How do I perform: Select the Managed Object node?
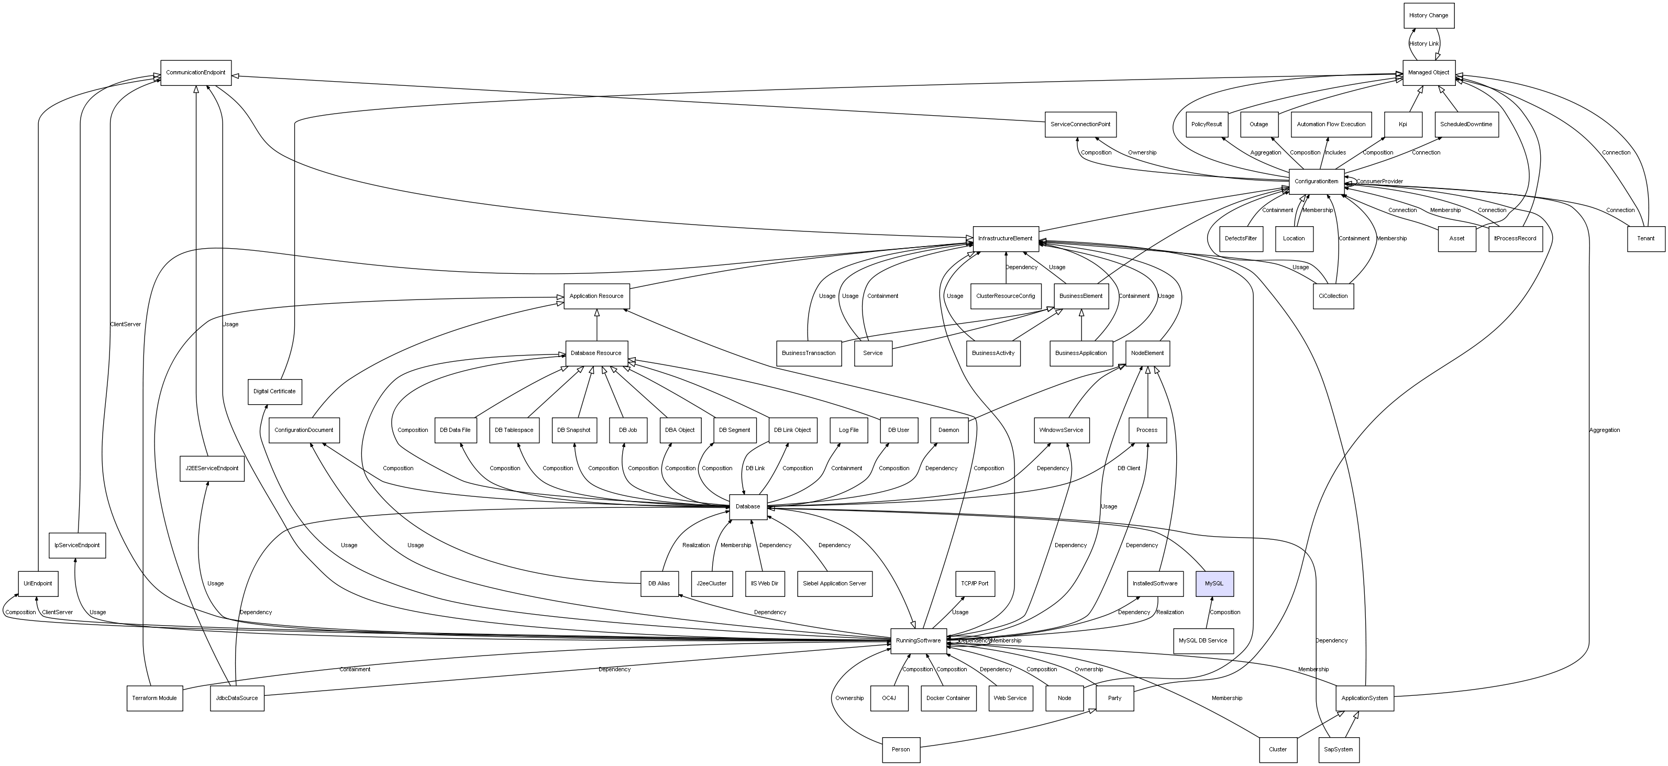click(1429, 73)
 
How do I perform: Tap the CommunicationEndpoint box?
click(195, 73)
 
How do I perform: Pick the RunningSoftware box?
click(918, 640)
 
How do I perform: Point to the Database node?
click(748, 506)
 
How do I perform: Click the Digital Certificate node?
click(274, 392)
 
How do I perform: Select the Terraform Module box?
click(155, 698)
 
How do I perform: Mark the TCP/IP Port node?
click(975, 583)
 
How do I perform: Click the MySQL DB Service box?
click(1202, 640)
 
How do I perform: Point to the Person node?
click(901, 750)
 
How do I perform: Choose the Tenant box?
click(1645, 238)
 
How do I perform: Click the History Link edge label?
click(1424, 43)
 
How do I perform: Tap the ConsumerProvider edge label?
click(1379, 181)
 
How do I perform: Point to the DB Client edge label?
click(1129, 468)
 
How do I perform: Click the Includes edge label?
click(1335, 153)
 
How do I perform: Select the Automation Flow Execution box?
click(1331, 124)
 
